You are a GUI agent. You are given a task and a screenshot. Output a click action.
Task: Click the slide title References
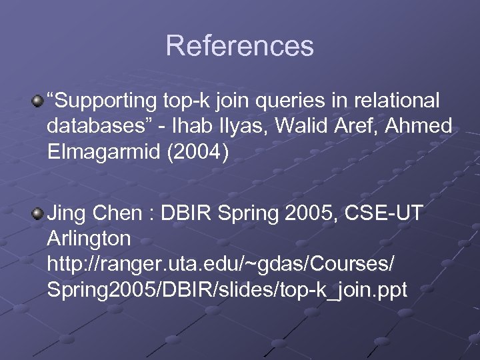[239, 46]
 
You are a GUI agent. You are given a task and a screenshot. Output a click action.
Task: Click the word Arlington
[89, 239]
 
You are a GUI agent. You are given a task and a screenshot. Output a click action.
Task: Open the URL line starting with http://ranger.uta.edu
[220, 264]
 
